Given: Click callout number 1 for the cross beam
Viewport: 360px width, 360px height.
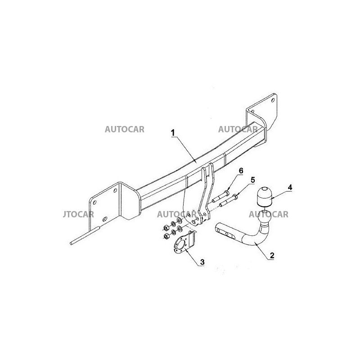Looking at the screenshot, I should point(173,133).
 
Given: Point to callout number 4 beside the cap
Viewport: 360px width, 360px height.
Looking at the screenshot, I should point(290,187).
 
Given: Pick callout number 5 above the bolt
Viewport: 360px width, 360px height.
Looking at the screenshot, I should point(252,180).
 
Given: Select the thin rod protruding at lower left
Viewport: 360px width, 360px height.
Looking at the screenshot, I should point(84,238).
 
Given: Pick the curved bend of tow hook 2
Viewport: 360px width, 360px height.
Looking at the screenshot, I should point(257,237).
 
